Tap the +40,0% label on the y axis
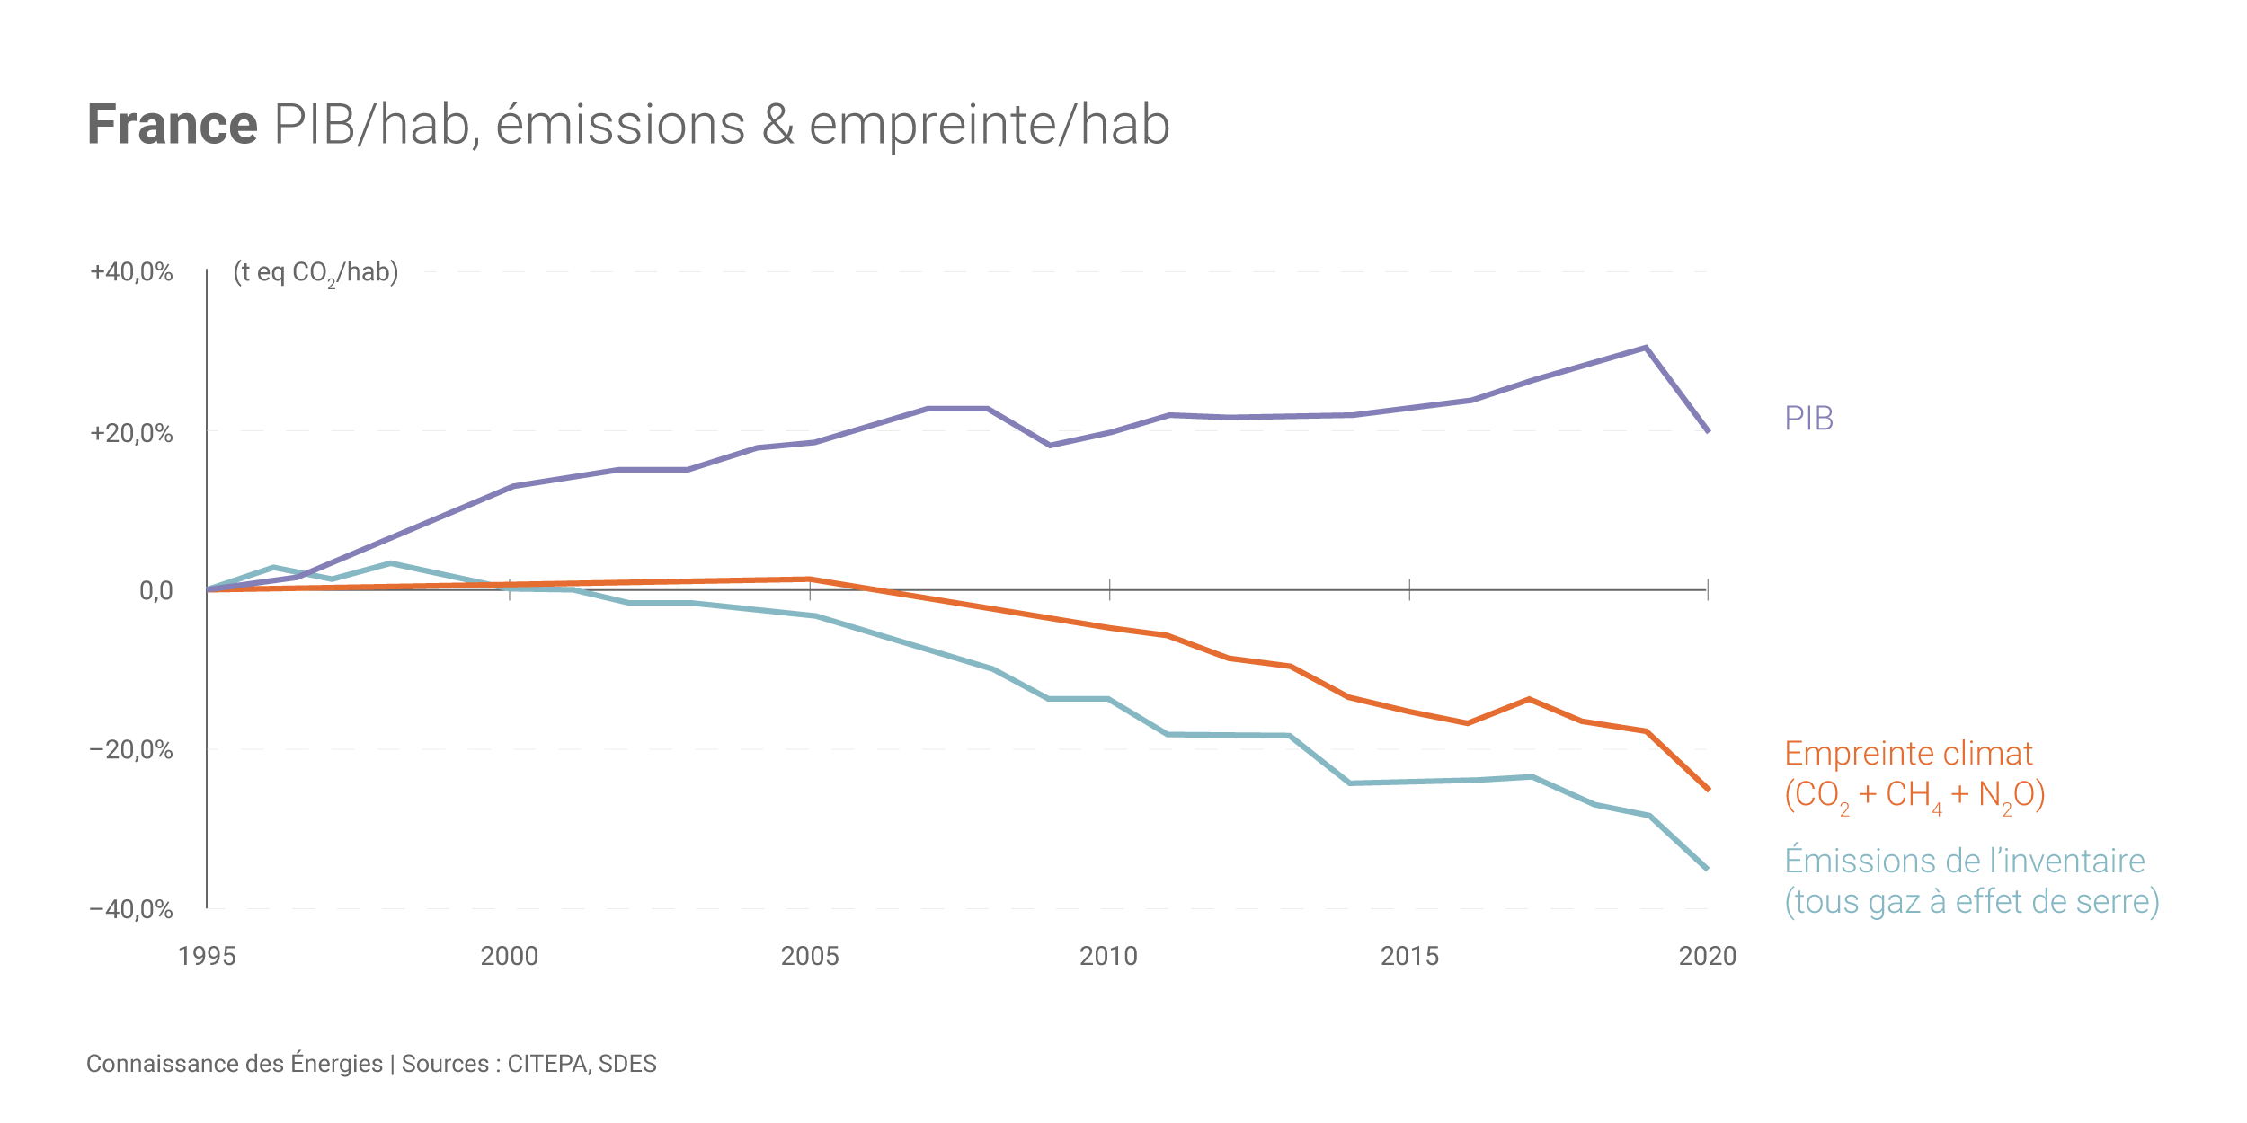click(x=131, y=272)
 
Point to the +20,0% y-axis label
click(x=131, y=433)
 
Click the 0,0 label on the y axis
click(x=155, y=590)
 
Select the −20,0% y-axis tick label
click(x=131, y=749)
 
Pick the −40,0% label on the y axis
click(x=131, y=909)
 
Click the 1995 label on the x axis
click(x=207, y=956)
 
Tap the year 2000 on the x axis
click(x=509, y=956)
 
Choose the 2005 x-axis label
click(x=809, y=956)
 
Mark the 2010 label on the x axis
click(x=1108, y=956)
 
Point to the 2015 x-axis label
click(x=1409, y=956)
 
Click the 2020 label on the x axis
click(x=1708, y=956)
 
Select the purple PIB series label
click(x=1808, y=419)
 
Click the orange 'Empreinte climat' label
click(x=1908, y=754)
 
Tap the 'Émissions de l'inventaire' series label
click(x=1965, y=861)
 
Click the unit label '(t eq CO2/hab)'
click(x=315, y=272)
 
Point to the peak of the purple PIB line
click(x=1646, y=348)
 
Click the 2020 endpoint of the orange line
click(x=1708, y=789)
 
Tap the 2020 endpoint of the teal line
click(x=1707, y=869)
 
